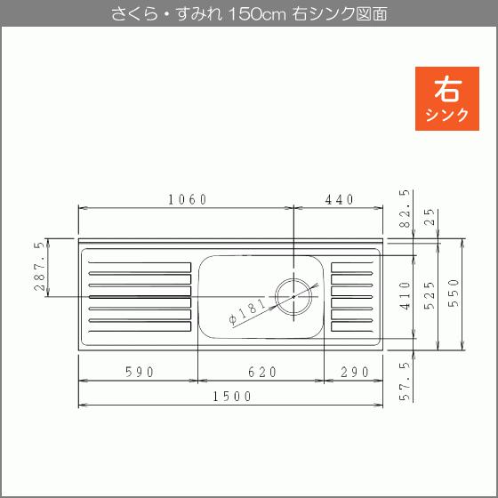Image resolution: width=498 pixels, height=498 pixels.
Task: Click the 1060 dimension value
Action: coord(187,199)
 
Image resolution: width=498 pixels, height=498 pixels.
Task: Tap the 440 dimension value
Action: coord(340,199)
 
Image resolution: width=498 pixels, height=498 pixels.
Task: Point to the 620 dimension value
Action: coord(260,372)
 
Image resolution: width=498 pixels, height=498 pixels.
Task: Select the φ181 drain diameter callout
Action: coord(246,313)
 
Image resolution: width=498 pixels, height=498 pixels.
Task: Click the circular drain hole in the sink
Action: coord(293,295)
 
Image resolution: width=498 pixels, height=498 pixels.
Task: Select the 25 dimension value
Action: coord(430,217)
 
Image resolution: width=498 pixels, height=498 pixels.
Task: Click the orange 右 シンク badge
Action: coord(447,99)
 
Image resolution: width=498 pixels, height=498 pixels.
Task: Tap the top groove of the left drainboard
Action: coord(140,265)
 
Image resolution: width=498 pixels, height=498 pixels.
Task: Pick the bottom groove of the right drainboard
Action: coord(351,326)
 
